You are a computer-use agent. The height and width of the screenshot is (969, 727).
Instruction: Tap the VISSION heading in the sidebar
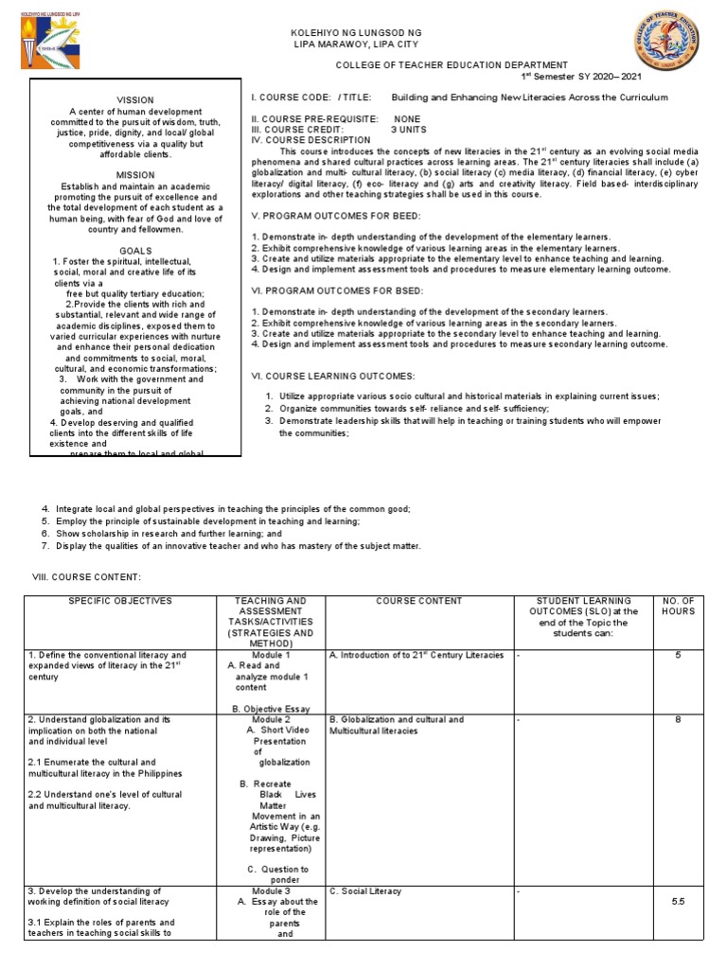coord(134,99)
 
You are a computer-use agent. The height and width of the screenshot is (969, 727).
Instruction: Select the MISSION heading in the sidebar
coord(135,175)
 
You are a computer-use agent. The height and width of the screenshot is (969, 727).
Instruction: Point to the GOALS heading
coord(136,251)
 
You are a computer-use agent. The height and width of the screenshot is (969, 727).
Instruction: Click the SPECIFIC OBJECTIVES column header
coord(120,601)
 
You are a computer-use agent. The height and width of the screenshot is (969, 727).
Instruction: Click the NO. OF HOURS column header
coord(678,606)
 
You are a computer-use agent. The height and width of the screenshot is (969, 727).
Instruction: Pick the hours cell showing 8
coord(678,720)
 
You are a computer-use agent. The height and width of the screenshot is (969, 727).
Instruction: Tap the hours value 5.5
coord(678,903)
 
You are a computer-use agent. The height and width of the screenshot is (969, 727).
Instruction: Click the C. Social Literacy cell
coord(365,891)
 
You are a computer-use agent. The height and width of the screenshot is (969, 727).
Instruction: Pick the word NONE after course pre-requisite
coord(407,118)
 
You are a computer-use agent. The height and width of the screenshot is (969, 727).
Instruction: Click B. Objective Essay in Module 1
coord(272,707)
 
